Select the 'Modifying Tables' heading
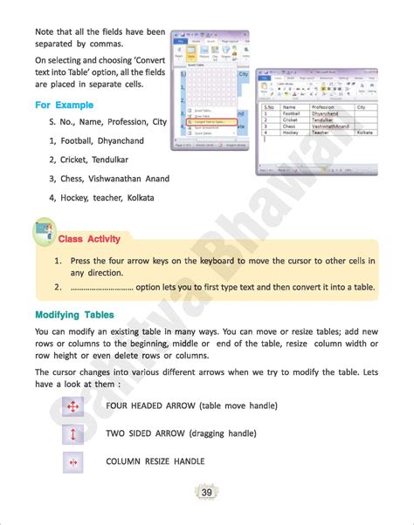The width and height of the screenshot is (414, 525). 74,314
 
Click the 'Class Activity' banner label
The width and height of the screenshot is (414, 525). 89,239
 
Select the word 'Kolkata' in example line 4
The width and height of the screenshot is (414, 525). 136,198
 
